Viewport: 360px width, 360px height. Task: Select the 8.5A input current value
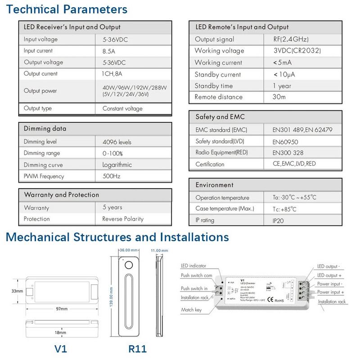pos(109,51)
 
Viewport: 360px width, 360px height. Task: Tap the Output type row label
pos(38,108)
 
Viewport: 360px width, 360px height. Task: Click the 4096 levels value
pos(117,142)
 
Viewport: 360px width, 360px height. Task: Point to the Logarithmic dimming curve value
pos(117,165)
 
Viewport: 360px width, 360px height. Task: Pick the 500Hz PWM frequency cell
pos(111,176)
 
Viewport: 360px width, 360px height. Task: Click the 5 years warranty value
pos(112,207)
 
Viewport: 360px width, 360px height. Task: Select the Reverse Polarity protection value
pos(123,219)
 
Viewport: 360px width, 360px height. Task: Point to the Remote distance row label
pos(218,97)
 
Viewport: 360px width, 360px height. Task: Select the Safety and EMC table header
pos(220,117)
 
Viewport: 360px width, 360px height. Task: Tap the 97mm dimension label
pos(62,309)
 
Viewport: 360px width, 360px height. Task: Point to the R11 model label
pos(138,349)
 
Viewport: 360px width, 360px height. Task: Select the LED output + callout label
pos(330,275)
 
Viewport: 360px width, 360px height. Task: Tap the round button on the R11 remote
pos(129,265)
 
